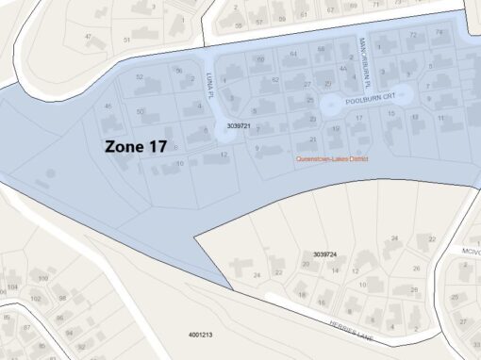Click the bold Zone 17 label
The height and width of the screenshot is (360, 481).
coord(136,147)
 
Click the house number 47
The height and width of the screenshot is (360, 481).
coord(89,38)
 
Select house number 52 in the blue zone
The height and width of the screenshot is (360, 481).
coord(140,77)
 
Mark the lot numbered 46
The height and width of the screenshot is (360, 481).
coord(108,106)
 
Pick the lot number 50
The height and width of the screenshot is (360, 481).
coord(141,111)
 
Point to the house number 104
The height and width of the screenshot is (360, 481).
coord(12,286)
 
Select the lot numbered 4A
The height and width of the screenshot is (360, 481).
coord(343,69)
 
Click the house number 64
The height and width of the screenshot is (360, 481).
coord(293,54)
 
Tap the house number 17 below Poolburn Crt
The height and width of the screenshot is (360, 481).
coord(358,117)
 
